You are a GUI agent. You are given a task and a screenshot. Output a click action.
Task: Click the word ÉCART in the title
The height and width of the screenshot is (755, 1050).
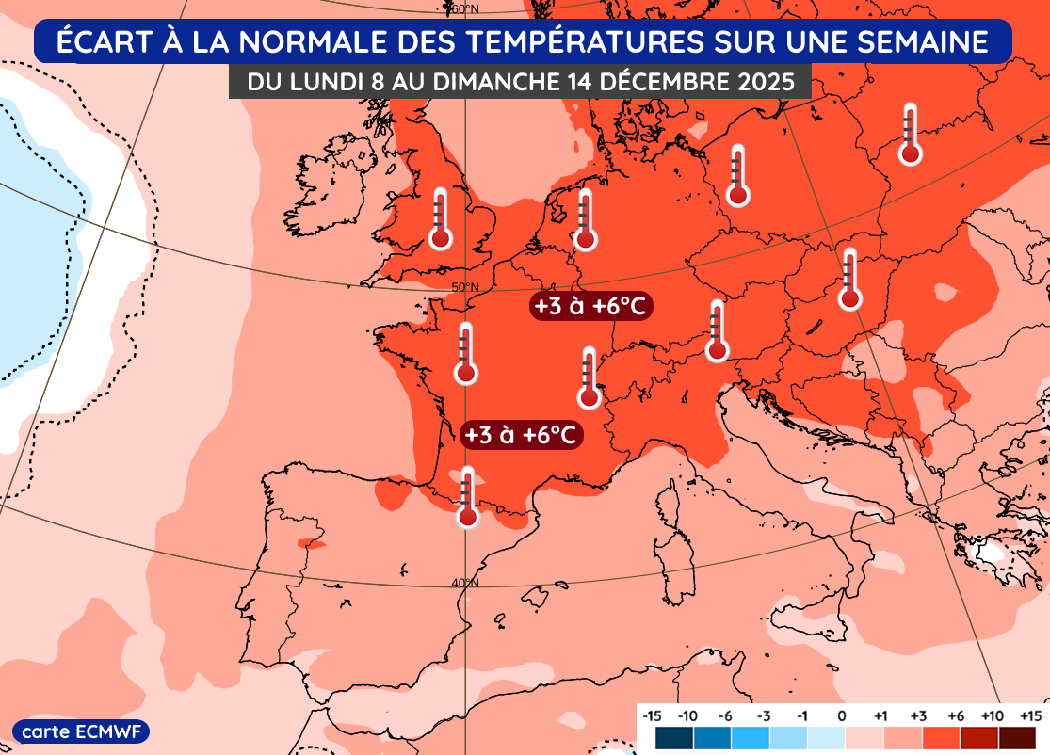coord(100,43)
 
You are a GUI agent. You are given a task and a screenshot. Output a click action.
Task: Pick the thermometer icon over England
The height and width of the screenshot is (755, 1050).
coord(440,218)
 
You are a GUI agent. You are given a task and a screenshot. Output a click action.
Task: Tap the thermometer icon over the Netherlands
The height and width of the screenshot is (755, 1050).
coord(586,219)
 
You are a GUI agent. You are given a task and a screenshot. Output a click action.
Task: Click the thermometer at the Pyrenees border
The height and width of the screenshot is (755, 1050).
coord(467,497)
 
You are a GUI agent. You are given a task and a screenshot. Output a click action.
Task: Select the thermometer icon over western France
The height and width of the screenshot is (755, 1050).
coord(464,353)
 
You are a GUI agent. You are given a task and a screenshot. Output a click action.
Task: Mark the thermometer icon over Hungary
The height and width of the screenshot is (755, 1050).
coord(850,279)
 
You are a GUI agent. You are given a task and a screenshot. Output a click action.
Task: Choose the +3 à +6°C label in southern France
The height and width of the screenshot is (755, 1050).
coord(522,435)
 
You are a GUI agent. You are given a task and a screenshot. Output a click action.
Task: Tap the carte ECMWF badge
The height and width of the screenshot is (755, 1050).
coord(81,731)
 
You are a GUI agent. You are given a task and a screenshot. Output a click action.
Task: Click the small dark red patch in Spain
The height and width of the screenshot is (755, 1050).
coord(310,543)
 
